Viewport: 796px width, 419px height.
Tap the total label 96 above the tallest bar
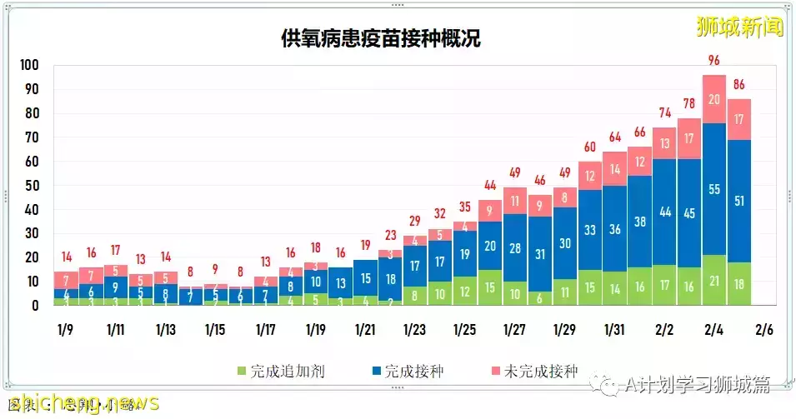(x=714, y=59)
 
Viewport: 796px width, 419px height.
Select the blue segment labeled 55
(x=714, y=189)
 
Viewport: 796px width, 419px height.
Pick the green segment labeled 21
(x=714, y=281)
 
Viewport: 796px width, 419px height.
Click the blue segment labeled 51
(x=739, y=201)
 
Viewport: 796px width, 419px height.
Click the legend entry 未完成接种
(x=533, y=371)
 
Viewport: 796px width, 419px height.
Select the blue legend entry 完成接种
(x=408, y=371)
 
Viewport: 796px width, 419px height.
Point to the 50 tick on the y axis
(x=31, y=186)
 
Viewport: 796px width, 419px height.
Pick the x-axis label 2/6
(x=763, y=329)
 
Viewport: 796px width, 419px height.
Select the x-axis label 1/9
(x=65, y=329)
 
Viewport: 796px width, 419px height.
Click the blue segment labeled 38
(x=639, y=222)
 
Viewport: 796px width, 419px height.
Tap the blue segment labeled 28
(x=514, y=247)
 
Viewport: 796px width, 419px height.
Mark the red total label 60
(x=589, y=147)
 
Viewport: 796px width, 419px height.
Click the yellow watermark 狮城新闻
(x=740, y=27)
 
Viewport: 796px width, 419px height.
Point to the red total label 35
(x=464, y=207)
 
